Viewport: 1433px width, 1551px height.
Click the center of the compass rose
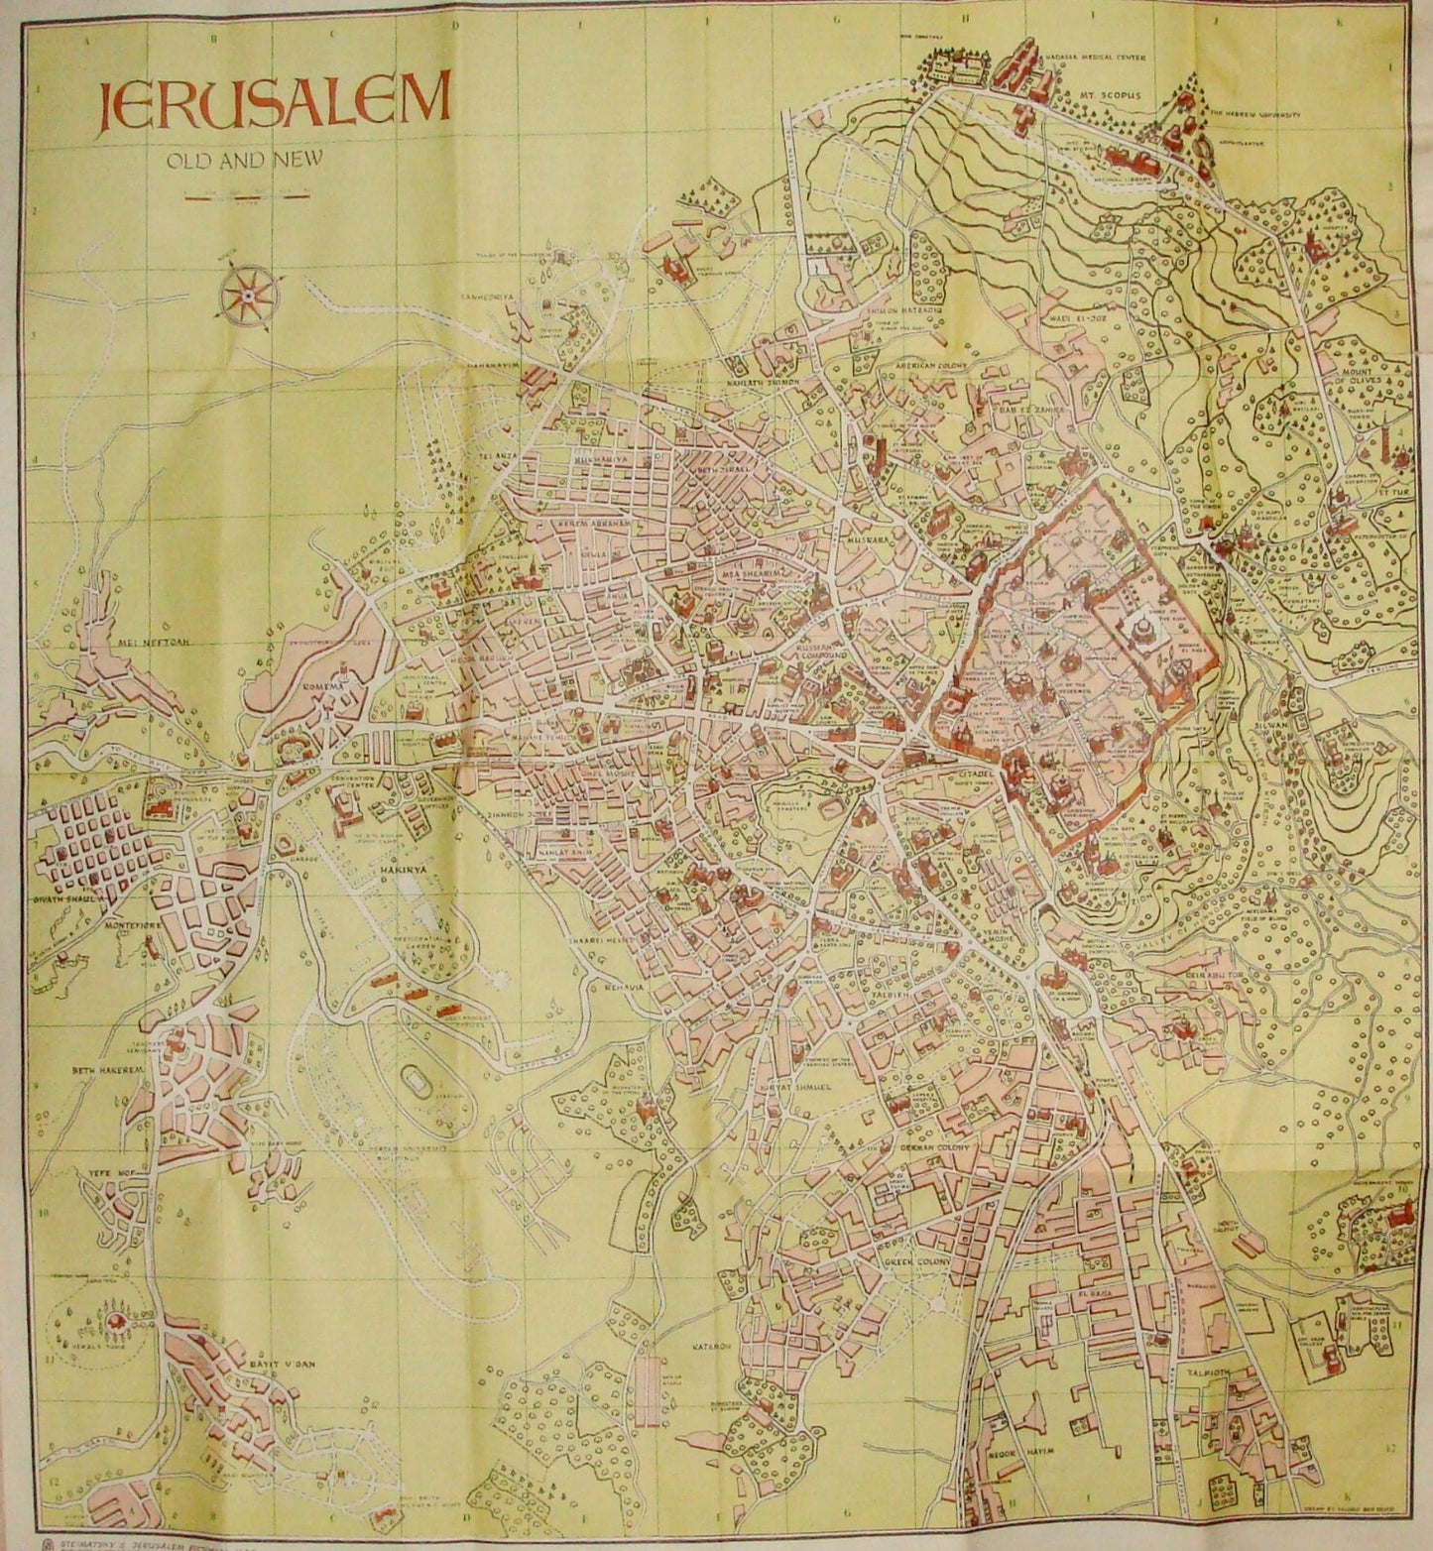click(247, 295)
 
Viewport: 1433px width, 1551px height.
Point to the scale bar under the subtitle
click(244, 195)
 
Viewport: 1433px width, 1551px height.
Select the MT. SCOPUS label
click(1110, 96)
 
